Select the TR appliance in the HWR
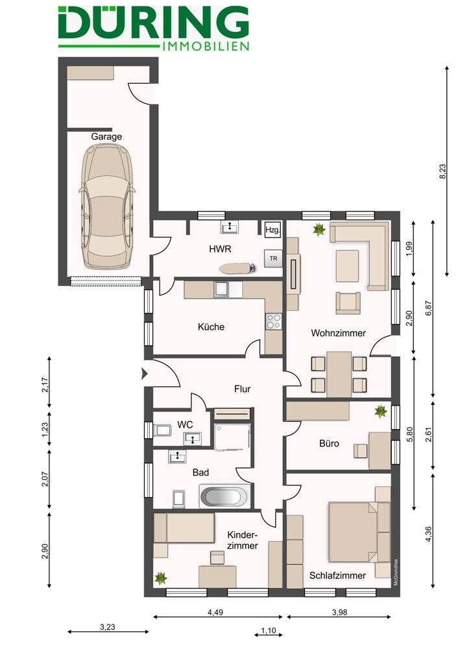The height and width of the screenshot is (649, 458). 274,258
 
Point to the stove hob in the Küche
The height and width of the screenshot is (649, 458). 274,320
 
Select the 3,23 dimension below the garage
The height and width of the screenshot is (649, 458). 108,627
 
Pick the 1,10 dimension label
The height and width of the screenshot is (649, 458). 267,630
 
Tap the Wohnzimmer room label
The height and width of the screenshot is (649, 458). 338,333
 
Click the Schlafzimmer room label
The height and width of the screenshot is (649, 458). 337,575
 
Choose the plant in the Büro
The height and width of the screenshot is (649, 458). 381,411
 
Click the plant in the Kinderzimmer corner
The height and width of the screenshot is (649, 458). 160,576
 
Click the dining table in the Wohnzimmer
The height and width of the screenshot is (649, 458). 339,374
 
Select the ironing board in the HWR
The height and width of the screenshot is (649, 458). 232,267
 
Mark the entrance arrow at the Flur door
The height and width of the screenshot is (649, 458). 143,373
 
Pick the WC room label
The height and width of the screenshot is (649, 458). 186,424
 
